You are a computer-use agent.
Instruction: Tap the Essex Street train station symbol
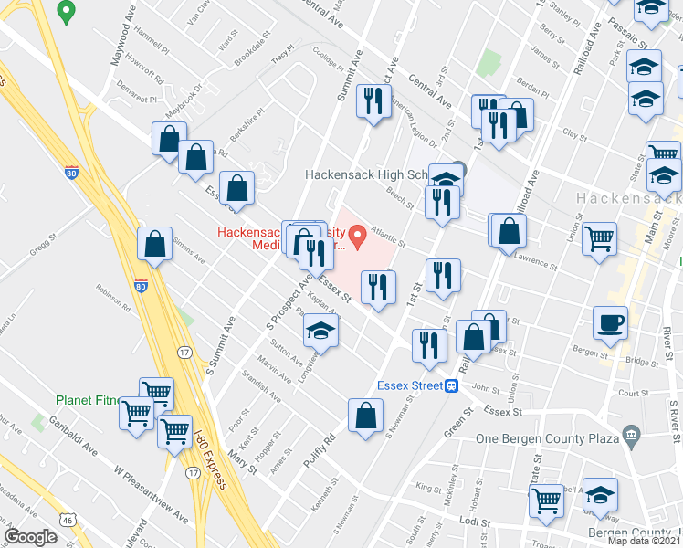pyautogui.click(x=451, y=385)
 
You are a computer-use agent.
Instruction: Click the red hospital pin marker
pyautogui.click(x=359, y=237)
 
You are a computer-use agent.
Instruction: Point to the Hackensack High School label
pyautogui.click(x=379, y=174)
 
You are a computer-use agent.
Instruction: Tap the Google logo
pyautogui.click(x=30, y=536)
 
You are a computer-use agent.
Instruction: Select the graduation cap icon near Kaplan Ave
pyautogui.click(x=320, y=332)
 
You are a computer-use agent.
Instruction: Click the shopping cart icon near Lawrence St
pyautogui.click(x=600, y=239)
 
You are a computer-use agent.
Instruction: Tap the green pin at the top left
pyautogui.click(x=65, y=11)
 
